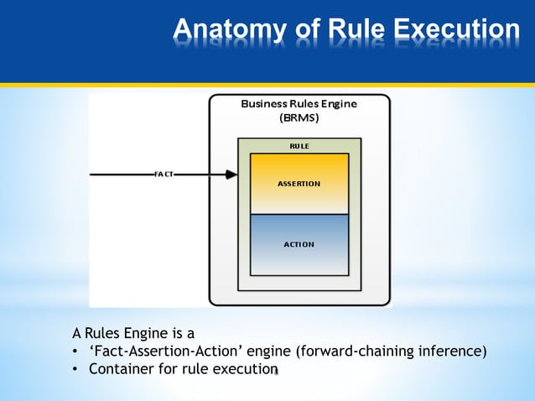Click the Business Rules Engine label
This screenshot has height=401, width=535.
(299, 104)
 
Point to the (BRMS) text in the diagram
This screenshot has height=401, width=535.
(299, 118)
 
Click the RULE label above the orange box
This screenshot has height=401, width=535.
(299, 146)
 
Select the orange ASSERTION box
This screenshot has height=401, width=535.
(299, 183)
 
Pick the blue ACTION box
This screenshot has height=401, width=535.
(299, 244)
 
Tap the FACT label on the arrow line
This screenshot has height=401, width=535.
(164, 174)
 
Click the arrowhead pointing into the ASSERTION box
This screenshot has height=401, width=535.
(231, 174)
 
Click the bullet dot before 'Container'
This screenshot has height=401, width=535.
(75, 369)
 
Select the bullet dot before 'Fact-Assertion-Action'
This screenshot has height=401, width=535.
(75, 352)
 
